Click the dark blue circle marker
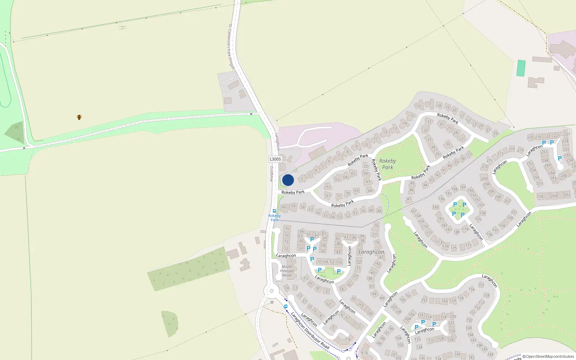tap(288, 180)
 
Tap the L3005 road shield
tap(275, 159)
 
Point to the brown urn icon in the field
tap(79, 117)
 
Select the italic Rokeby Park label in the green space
tap(387, 164)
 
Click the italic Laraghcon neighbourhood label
tap(371, 252)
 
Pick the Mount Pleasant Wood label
tap(287, 271)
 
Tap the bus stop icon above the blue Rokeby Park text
tap(274, 211)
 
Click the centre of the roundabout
tap(271, 291)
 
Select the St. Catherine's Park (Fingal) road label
tap(231, 47)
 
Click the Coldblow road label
tap(272, 174)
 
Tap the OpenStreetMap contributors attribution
tap(548, 356)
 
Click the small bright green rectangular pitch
tap(521, 68)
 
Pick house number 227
tap(567, 134)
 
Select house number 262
tap(567, 195)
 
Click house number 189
tap(463, 187)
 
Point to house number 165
tap(408, 296)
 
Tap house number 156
tap(472, 289)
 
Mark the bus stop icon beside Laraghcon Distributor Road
tap(286, 306)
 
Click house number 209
tap(484, 179)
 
